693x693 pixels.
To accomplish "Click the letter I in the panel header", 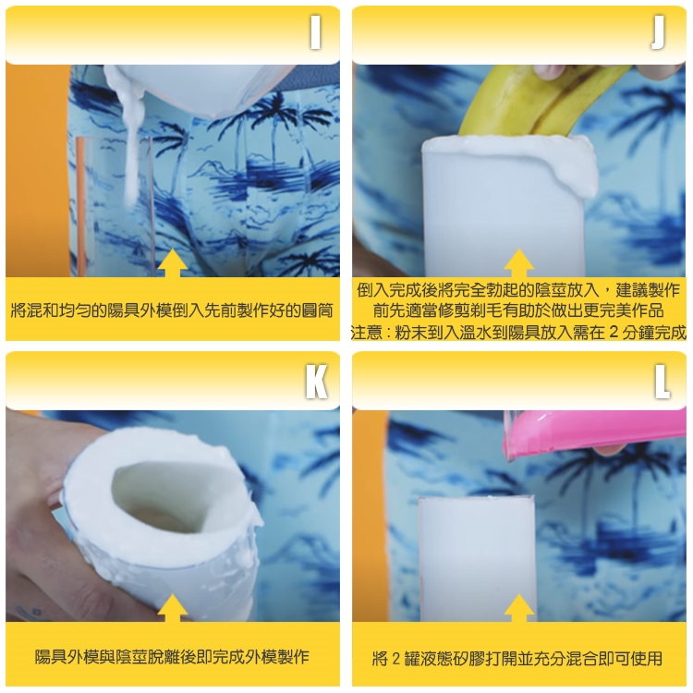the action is pos(315,33).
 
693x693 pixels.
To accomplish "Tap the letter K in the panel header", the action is pos(316,381).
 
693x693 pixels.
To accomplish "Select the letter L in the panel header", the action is pos(663,381).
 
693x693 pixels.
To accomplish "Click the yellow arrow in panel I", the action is pos(173,263).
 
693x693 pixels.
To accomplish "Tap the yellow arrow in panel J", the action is pos(519,263).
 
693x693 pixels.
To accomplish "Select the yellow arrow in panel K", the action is pos(173,608).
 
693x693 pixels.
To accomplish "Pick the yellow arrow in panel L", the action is pos(519,608).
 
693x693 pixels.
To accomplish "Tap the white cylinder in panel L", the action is pos(477,559).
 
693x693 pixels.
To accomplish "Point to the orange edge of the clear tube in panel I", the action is pos(80,207).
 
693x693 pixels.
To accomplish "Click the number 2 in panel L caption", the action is pos(395,659).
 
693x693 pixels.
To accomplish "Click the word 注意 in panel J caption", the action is pos(367,333).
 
